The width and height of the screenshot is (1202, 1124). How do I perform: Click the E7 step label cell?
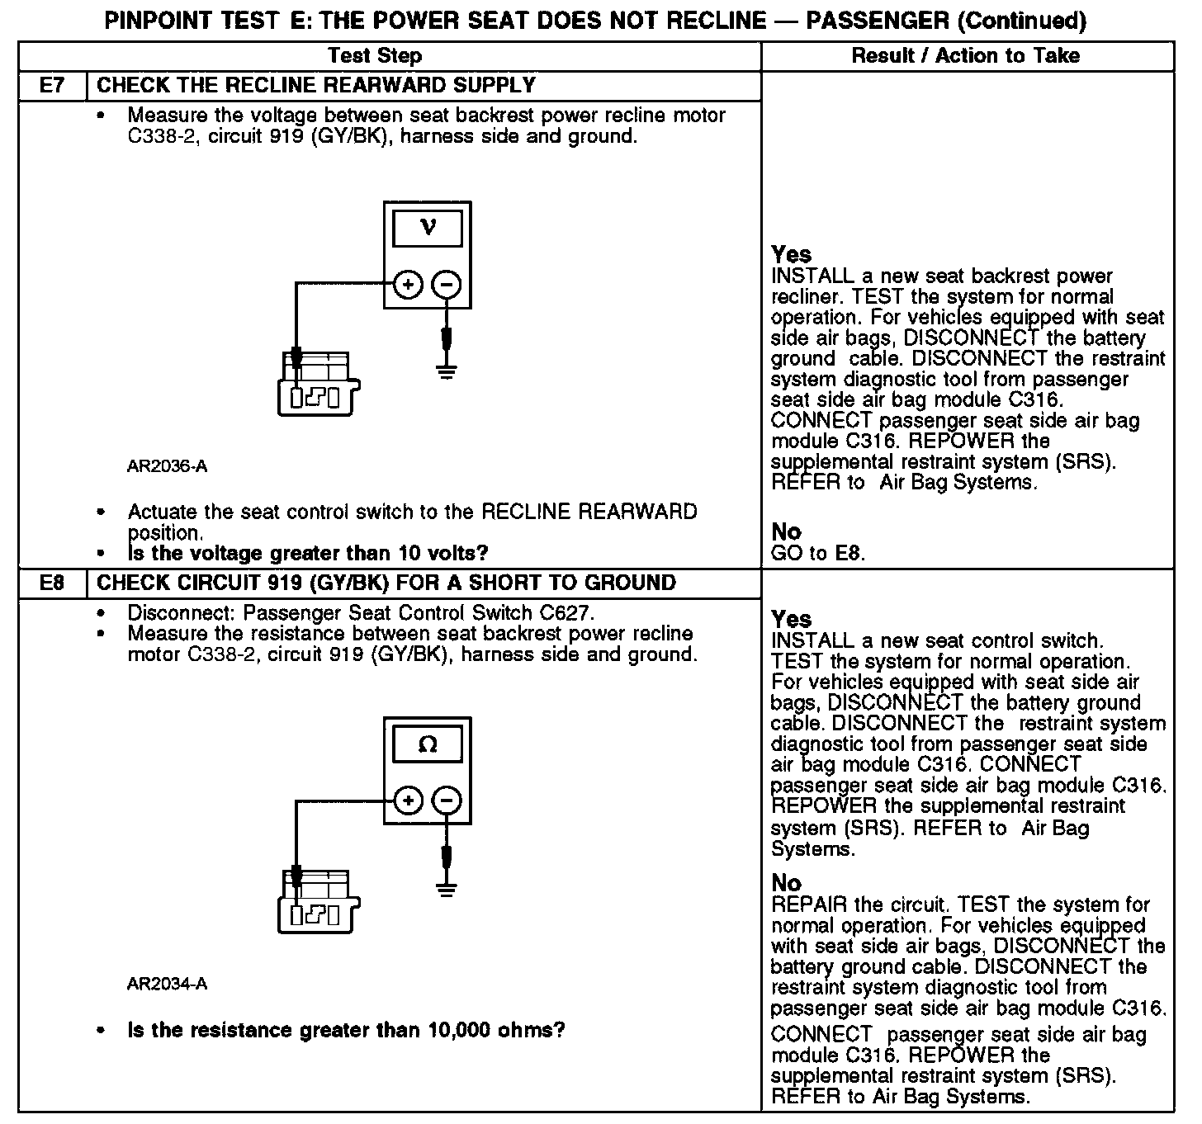[x=52, y=86]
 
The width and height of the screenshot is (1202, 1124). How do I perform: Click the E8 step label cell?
[x=52, y=583]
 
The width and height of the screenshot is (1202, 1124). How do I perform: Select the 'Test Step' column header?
[x=374, y=56]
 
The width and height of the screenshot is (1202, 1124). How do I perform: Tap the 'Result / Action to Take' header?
[x=965, y=56]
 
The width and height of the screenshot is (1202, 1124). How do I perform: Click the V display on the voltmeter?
[x=427, y=228]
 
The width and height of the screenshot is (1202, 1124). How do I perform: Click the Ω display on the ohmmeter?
[x=427, y=744]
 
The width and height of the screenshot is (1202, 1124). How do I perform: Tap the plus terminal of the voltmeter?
[x=407, y=286]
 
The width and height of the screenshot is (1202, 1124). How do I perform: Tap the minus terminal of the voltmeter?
[x=447, y=286]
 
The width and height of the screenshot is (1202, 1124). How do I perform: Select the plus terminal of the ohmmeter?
[x=407, y=800]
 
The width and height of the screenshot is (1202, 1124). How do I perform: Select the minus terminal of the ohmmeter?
[x=447, y=800]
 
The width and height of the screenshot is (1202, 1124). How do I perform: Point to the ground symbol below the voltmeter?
[x=447, y=371]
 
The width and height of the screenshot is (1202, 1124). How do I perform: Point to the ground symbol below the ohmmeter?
[x=447, y=889]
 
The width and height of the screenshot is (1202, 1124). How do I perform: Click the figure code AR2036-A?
[x=167, y=467]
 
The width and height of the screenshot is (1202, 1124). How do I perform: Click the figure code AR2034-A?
[x=167, y=984]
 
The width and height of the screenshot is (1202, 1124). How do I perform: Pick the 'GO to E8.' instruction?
[x=818, y=553]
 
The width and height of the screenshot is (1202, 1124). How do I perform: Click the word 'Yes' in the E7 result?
[x=791, y=254]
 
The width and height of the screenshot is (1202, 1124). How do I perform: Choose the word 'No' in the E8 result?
[x=786, y=883]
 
